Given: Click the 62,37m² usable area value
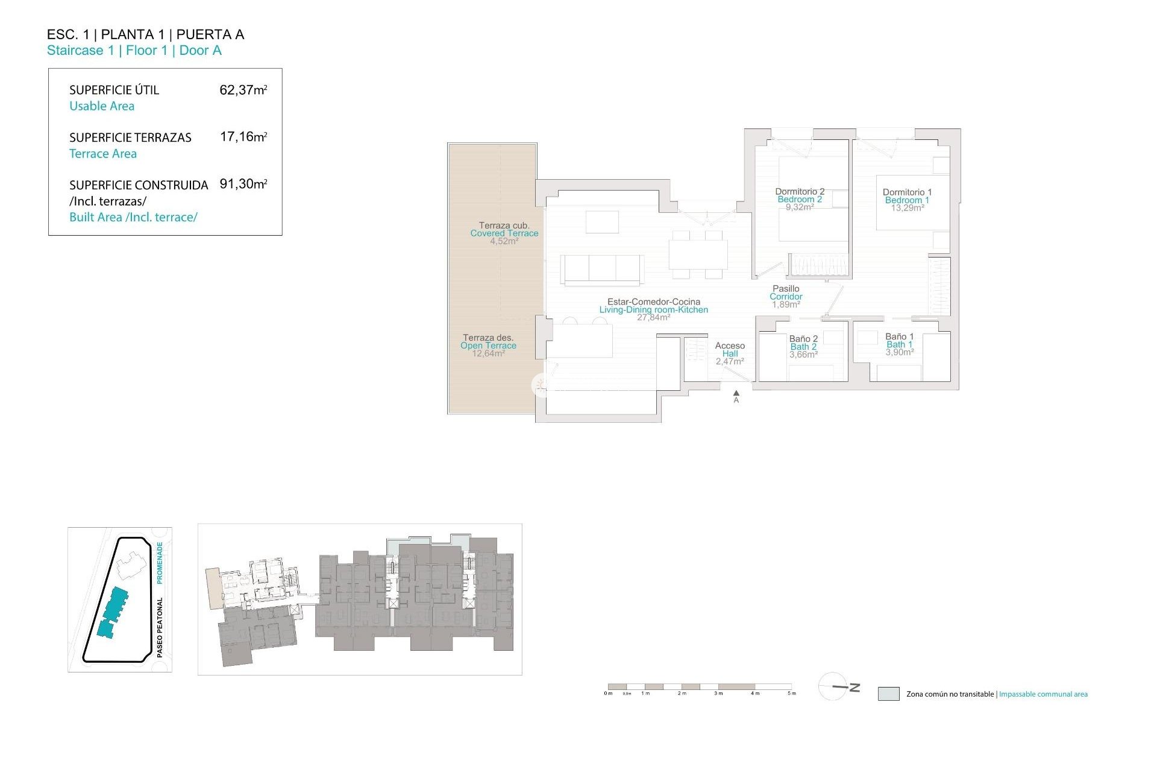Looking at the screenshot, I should (243, 90).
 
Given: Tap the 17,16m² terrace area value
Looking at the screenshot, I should (243, 137).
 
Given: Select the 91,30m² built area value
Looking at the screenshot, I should (243, 184).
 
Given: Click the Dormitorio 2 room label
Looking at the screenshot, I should (800, 192).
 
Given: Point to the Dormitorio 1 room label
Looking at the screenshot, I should (907, 192).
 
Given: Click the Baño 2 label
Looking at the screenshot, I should (803, 339).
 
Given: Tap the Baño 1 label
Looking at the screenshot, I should (899, 337).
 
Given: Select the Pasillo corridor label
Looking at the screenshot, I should (786, 289).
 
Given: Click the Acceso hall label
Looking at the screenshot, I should (730, 346).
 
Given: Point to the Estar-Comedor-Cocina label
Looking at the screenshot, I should (653, 302).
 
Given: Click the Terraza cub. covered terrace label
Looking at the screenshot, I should (504, 226).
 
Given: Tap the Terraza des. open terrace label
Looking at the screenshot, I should (488, 338).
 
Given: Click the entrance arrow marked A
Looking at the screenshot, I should (736, 394).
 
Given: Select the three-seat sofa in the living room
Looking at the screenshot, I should (601, 268).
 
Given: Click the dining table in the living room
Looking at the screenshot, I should (698, 254).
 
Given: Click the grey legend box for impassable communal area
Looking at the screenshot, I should (888, 694).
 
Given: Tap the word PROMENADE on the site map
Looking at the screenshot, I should (160, 563).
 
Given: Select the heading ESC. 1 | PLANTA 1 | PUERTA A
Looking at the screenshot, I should (146, 34).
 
